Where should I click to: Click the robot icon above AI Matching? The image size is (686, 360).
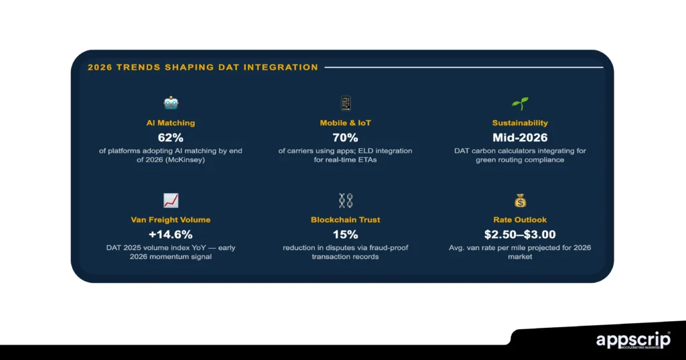click(x=171, y=103)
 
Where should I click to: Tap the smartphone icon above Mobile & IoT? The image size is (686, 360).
click(x=346, y=103)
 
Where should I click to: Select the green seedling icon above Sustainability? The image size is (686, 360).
click(x=520, y=103)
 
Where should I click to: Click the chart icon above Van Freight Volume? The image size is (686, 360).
click(x=171, y=200)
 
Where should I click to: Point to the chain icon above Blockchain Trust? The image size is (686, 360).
click(x=346, y=200)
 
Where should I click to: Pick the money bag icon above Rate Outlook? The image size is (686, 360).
click(x=520, y=200)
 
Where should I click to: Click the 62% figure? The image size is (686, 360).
click(x=171, y=138)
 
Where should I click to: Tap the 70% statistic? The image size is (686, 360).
click(x=346, y=138)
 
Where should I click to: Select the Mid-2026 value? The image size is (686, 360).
click(x=520, y=138)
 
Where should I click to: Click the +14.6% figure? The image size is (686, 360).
click(x=171, y=235)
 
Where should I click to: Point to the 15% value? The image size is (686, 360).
click(x=346, y=235)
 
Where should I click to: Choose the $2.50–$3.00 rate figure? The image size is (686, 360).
click(x=520, y=235)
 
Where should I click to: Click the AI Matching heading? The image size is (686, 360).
click(x=171, y=123)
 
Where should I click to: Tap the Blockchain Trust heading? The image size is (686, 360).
click(x=346, y=220)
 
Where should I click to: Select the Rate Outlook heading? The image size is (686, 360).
click(x=520, y=220)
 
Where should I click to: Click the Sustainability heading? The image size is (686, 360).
click(x=520, y=123)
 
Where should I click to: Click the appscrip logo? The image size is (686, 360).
click(x=633, y=341)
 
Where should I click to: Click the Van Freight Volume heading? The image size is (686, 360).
click(x=171, y=220)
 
